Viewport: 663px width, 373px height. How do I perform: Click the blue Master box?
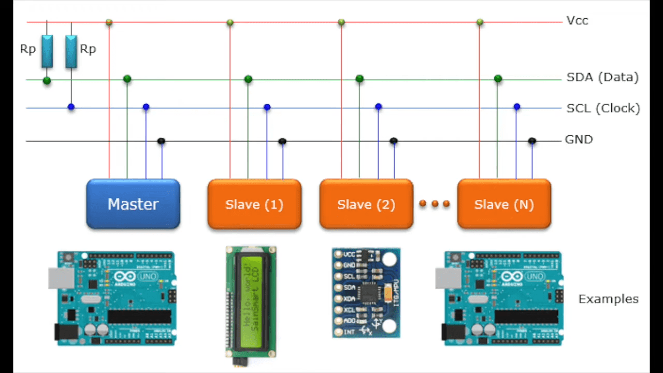pos(133,204)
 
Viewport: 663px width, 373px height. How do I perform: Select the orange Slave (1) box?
pos(254,204)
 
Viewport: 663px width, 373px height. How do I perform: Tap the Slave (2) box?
pos(366,204)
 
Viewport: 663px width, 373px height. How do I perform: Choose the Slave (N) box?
pos(504,204)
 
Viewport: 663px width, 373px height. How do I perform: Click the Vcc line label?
pos(577,21)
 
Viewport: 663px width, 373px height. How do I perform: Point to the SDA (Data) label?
pos(602,77)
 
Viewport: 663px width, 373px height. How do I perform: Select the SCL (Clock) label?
pos(603,108)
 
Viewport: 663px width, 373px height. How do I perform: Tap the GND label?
pos(579,139)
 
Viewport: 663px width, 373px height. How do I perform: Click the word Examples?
pos(608,299)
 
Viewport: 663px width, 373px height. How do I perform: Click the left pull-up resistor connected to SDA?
pos(47,51)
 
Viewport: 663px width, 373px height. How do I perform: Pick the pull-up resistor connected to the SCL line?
pos(71,51)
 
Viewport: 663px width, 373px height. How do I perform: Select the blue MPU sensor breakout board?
pos(366,293)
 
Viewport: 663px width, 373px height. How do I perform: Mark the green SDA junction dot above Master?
pos(127,79)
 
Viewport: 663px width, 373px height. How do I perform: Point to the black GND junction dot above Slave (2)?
pos(394,141)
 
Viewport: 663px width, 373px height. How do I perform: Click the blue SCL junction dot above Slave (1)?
pos(267,107)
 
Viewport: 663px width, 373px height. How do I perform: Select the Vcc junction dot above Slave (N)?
pos(480,22)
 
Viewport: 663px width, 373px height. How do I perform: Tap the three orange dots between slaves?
pos(435,204)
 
